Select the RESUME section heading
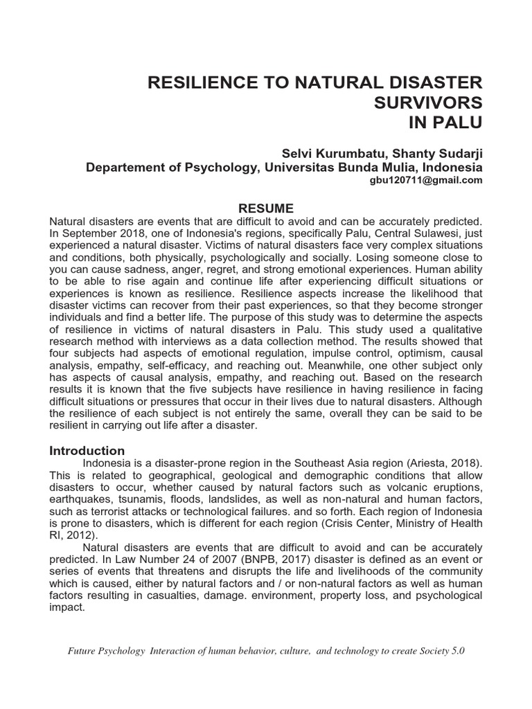coord(266,208)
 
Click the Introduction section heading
coord(87,450)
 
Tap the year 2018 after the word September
coord(125,233)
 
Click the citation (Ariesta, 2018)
coord(441,463)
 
